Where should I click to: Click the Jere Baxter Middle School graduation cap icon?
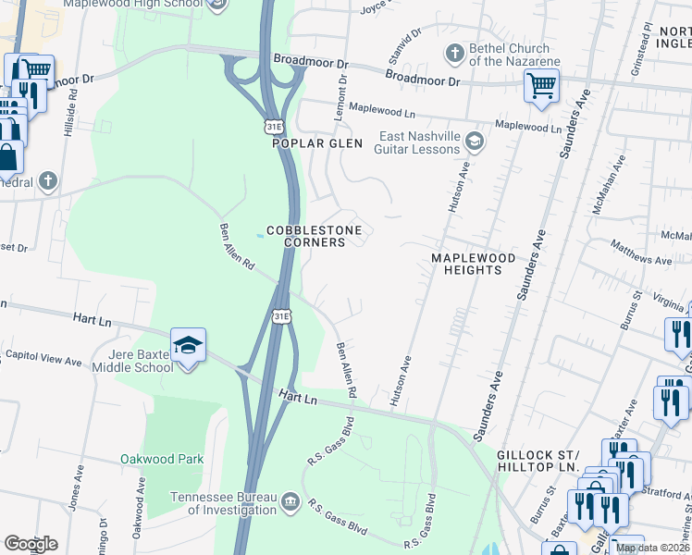(x=188, y=346)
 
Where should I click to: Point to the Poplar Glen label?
(x=314, y=143)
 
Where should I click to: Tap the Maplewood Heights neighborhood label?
(x=466, y=263)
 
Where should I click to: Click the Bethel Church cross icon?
(x=454, y=54)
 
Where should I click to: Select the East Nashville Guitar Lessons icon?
(x=475, y=141)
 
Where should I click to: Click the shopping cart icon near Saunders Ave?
(x=541, y=86)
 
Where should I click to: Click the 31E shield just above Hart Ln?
(x=282, y=317)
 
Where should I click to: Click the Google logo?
(x=31, y=544)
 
